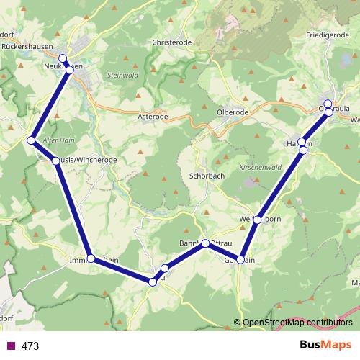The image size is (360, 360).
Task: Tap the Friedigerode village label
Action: (x=327, y=35)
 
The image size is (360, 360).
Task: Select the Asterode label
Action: (x=153, y=115)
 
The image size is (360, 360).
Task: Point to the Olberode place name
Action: (x=233, y=113)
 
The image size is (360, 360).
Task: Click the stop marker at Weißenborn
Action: (x=257, y=220)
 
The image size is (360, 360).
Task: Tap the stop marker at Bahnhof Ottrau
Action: (x=205, y=243)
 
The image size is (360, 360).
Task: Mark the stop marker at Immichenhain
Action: (x=91, y=258)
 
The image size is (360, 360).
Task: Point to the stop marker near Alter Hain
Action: (x=31, y=140)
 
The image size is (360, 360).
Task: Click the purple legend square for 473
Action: (x=10, y=346)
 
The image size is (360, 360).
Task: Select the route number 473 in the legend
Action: (x=30, y=346)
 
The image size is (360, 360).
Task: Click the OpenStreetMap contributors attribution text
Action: (x=297, y=323)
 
